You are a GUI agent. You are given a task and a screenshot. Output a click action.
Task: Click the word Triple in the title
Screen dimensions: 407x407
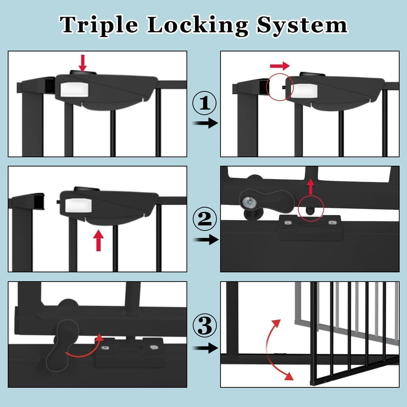(x=99, y=25)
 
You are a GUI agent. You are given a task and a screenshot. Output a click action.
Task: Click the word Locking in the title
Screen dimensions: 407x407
(x=198, y=25)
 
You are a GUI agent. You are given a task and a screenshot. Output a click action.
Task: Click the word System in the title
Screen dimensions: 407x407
(x=302, y=25)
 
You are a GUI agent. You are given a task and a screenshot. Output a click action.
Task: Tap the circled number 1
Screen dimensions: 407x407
(x=205, y=103)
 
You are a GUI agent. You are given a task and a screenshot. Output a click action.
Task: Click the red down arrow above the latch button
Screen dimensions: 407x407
(x=83, y=63)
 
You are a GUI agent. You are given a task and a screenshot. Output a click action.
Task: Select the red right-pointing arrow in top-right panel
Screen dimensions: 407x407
(x=280, y=66)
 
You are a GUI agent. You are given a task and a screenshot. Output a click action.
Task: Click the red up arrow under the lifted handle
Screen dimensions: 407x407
(x=98, y=240)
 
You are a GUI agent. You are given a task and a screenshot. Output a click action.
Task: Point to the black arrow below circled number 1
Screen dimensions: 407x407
(x=206, y=123)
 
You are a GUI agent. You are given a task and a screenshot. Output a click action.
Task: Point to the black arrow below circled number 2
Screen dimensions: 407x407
(x=206, y=240)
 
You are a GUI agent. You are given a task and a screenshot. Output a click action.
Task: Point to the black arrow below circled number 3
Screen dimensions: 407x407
(x=206, y=348)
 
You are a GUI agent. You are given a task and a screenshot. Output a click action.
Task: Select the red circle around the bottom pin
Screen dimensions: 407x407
(x=311, y=209)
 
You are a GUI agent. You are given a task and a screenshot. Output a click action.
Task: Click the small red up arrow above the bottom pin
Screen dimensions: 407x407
(x=311, y=187)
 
